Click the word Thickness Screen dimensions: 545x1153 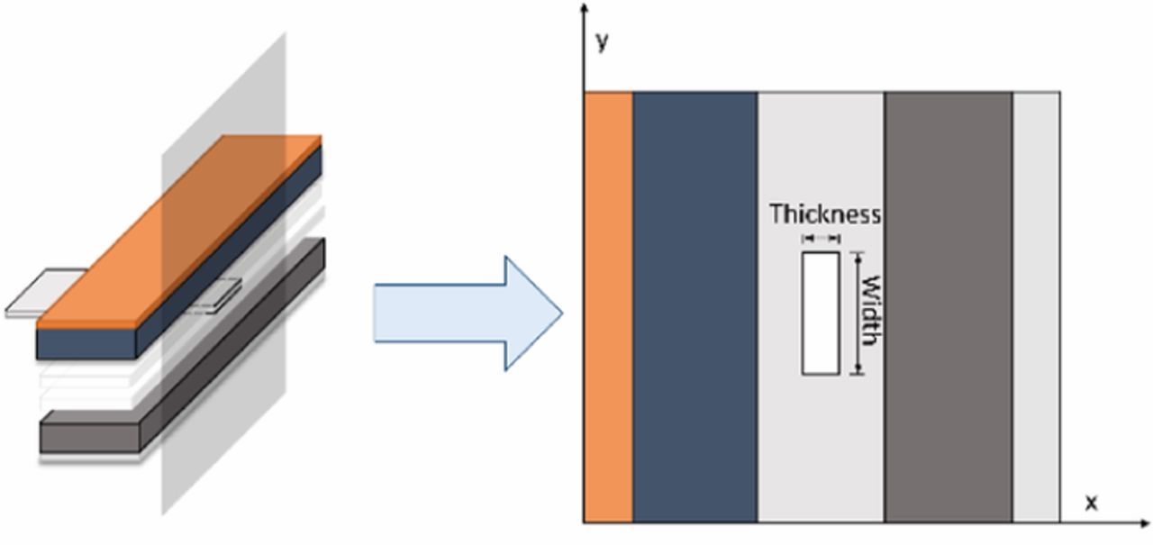(x=824, y=214)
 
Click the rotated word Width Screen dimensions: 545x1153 (x=870, y=311)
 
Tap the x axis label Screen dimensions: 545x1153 (x=1091, y=503)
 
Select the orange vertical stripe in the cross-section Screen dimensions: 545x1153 (x=609, y=306)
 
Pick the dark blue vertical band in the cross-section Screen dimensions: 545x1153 (x=695, y=306)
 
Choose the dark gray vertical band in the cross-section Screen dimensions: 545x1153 (x=949, y=306)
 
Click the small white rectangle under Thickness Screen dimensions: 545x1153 (x=821, y=313)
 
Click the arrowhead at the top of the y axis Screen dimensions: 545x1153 (x=585, y=9)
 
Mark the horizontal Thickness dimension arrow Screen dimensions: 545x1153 (x=821, y=239)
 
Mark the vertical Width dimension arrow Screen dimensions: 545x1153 (x=858, y=313)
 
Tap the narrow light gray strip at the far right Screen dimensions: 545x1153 (x=1036, y=306)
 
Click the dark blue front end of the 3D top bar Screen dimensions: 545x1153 (x=86, y=343)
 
